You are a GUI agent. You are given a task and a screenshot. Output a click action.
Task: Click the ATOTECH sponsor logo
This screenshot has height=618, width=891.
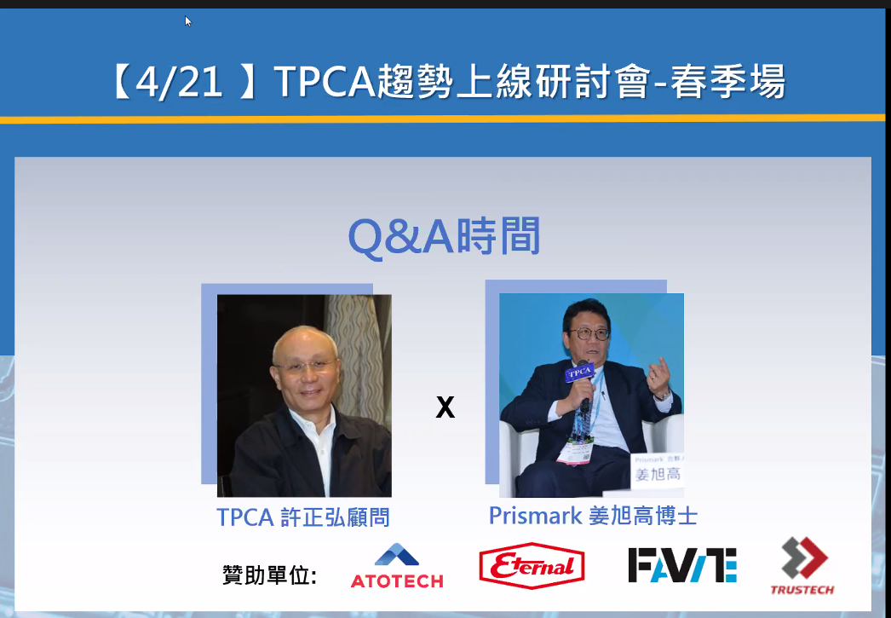tap(397, 566)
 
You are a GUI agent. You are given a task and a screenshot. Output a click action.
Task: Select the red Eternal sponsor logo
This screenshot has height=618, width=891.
tap(532, 566)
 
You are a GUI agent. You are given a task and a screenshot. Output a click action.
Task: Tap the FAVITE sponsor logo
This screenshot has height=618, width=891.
tap(682, 565)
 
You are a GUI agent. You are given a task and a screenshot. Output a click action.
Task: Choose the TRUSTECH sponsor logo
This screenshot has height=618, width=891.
tap(802, 566)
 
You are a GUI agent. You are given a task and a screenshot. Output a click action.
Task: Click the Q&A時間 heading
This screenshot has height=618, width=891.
tap(444, 236)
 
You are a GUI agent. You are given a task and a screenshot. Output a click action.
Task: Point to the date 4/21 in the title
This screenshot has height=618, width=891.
tap(179, 82)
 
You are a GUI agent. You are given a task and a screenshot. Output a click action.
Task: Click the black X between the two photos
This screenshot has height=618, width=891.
tap(445, 407)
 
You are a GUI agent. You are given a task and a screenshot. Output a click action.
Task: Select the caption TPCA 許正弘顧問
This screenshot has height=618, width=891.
tap(303, 517)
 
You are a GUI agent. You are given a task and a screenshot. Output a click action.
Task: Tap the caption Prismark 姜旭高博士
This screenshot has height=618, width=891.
tap(593, 516)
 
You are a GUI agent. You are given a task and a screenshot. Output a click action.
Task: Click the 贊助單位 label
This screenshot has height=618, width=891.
tap(269, 575)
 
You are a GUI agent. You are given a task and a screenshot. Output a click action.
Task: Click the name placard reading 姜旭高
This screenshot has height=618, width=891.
tap(658, 471)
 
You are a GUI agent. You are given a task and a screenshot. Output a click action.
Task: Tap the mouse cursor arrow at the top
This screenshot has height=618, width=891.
tap(187, 20)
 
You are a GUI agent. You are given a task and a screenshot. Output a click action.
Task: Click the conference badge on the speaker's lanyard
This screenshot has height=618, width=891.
tap(575, 452)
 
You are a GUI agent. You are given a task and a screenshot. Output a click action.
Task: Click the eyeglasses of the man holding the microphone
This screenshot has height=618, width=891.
tap(589, 334)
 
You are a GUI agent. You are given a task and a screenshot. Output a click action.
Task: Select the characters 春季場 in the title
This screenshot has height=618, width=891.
tap(729, 82)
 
